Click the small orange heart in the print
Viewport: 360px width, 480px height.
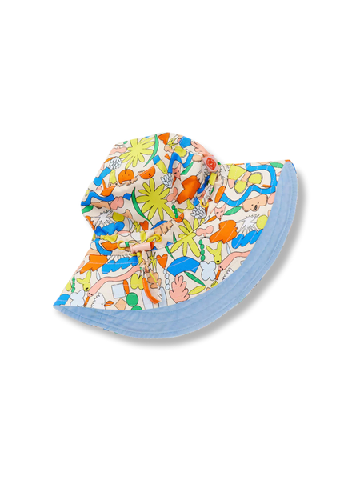pos(162,261)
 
